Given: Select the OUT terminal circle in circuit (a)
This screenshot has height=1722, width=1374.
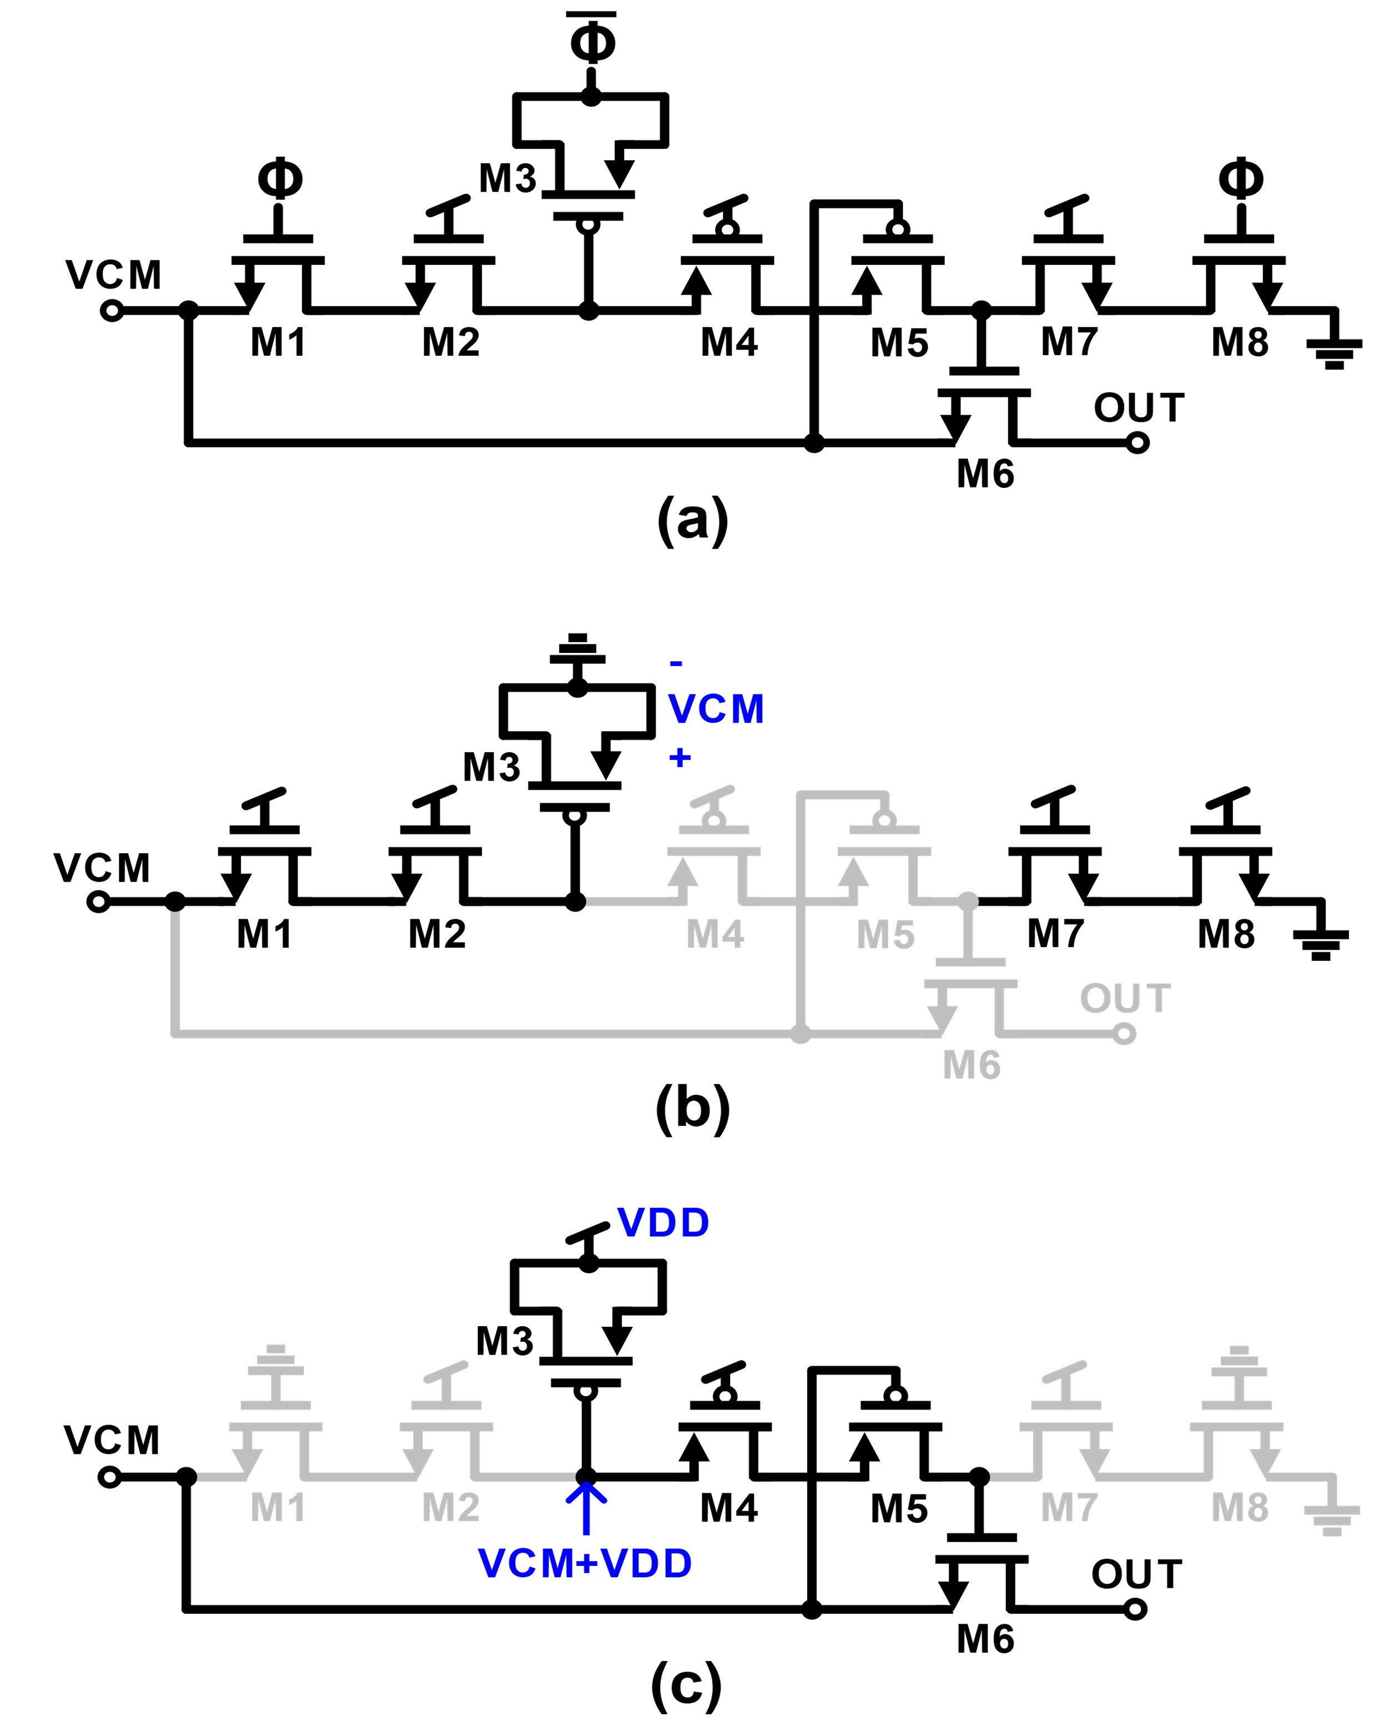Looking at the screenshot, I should (1138, 442).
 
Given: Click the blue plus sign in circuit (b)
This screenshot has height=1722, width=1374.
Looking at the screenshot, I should (680, 757).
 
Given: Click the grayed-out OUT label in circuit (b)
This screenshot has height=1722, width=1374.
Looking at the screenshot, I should (1125, 998).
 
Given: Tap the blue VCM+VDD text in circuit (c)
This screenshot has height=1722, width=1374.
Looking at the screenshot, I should (585, 1563).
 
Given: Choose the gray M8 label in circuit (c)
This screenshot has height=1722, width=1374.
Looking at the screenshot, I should (1239, 1508).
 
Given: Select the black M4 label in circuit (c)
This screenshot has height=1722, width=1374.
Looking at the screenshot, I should (728, 1508).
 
